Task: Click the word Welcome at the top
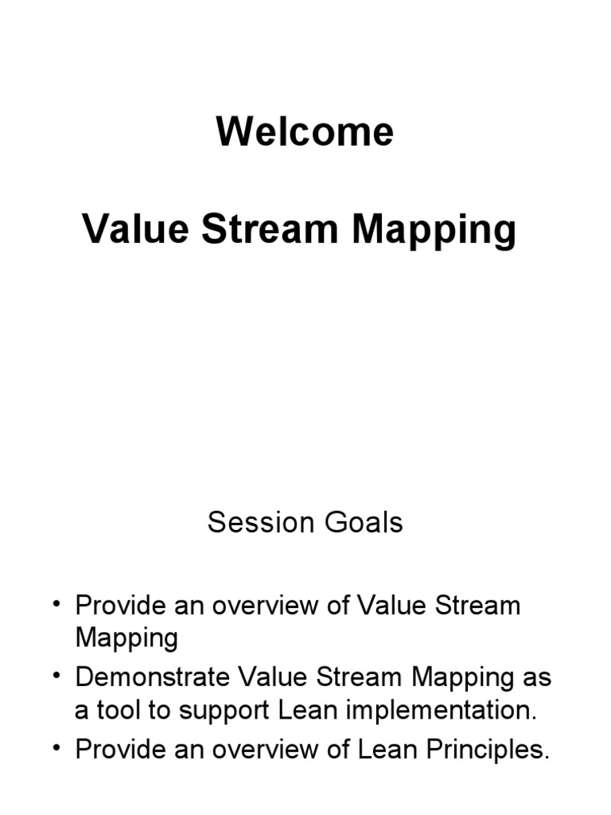pos(305,132)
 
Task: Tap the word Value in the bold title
pos(135,230)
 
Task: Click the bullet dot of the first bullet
pos(57,605)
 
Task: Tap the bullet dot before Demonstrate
pos(57,677)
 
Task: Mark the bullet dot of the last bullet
pos(57,750)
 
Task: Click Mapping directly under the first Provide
pos(126,639)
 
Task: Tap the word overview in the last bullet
pos(269,751)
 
